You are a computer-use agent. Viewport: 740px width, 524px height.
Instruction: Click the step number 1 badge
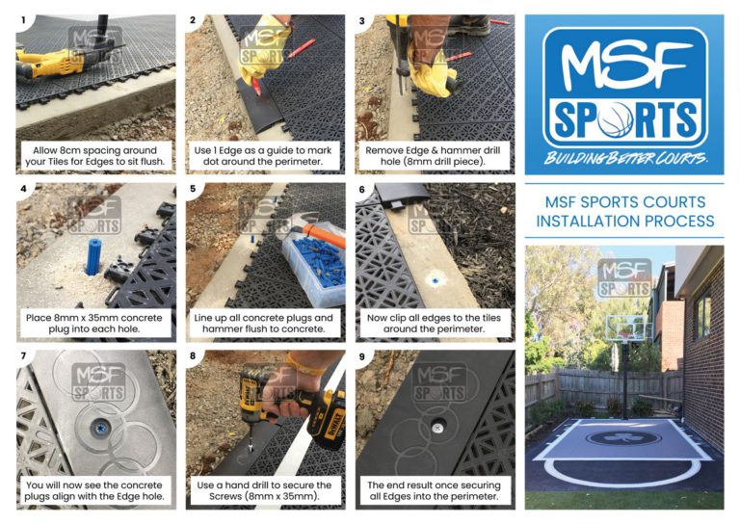pos(23,20)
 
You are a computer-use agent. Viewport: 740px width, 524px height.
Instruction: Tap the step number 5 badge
pos(193,189)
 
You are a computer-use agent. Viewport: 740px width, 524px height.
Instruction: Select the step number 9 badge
pos(362,356)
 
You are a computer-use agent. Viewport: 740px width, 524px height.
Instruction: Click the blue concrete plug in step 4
pos(93,256)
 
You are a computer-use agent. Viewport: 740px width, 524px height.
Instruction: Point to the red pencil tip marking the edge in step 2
pos(257,92)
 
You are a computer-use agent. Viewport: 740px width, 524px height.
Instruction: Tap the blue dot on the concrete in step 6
pos(436,280)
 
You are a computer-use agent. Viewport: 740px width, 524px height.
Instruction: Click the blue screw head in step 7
pos(101,429)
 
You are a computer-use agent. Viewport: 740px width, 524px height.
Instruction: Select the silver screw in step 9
pos(438,428)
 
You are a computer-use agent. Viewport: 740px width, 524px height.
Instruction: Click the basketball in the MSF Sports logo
pos(616,119)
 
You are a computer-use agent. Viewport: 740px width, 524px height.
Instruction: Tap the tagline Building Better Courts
pos(625,158)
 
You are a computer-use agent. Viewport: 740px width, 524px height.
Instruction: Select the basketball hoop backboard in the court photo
pos(627,327)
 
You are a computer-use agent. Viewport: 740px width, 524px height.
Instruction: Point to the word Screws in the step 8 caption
pos(227,496)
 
